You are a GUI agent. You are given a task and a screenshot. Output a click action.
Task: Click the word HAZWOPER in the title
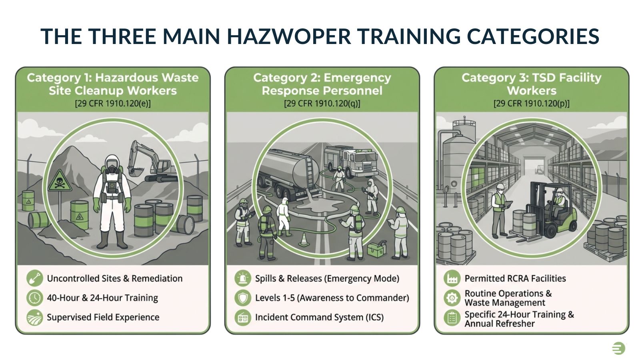tap(288, 36)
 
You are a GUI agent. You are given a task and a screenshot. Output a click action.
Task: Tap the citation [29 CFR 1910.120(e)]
tap(113, 104)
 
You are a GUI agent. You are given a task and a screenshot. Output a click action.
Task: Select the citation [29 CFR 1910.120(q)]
tap(322, 104)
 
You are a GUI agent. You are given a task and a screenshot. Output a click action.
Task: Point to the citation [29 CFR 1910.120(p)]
tap(532, 104)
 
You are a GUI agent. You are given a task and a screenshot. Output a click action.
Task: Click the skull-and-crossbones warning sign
tap(60, 181)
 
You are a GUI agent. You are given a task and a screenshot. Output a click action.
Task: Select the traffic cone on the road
tap(304, 240)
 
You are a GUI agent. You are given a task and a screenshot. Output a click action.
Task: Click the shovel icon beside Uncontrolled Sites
tap(35, 278)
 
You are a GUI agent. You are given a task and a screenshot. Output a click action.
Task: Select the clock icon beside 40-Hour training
tap(35, 298)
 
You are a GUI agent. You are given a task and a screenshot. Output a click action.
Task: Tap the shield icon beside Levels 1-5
tap(243, 298)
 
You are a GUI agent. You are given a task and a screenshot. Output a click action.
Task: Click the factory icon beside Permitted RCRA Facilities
tap(452, 278)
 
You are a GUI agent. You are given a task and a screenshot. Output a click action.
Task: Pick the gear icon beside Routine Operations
tap(452, 298)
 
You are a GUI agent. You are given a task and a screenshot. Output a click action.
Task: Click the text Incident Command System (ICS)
tap(319, 317)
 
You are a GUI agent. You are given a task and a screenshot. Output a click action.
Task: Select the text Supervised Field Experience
tap(103, 317)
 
